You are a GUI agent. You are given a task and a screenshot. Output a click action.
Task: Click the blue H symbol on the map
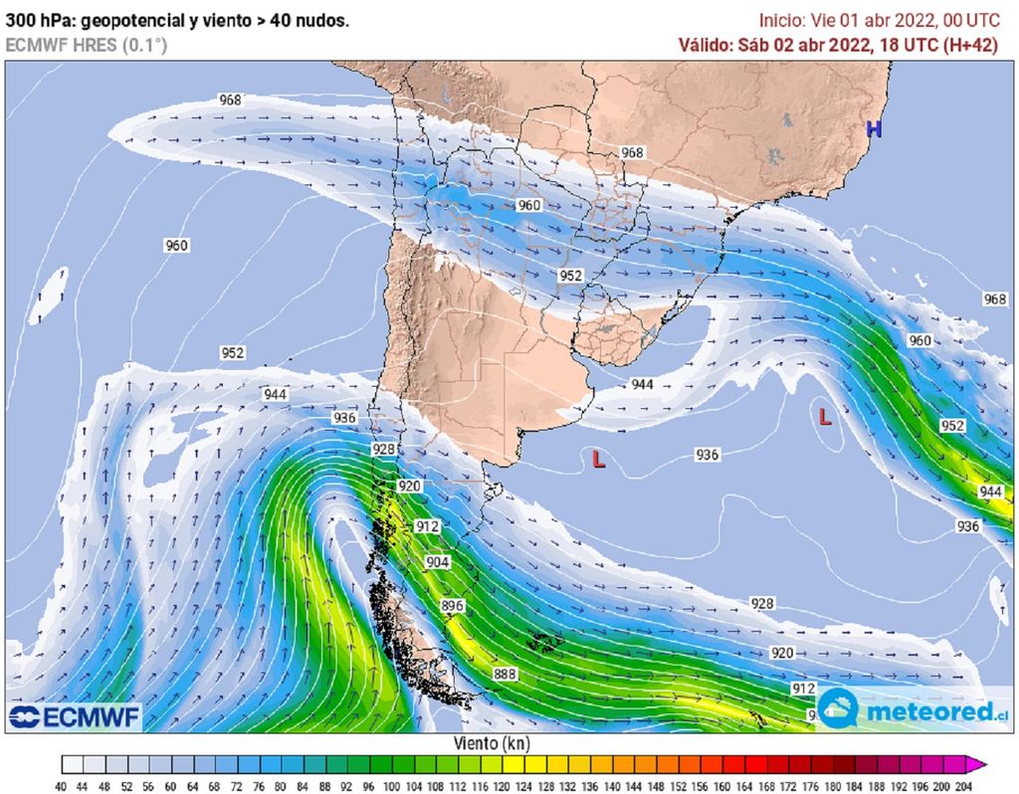[x=874, y=128]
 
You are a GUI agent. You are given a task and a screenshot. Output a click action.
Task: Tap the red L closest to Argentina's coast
[x=598, y=460]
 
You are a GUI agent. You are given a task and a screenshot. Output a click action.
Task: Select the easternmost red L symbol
[x=825, y=417]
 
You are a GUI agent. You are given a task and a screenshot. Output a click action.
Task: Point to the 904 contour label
[x=438, y=562]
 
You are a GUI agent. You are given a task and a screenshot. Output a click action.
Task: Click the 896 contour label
[x=453, y=606]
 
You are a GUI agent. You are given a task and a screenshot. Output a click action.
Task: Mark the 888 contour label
[x=505, y=675]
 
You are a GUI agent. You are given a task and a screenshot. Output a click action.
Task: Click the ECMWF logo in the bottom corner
[x=76, y=716]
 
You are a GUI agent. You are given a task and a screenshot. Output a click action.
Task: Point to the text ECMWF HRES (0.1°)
[x=87, y=45]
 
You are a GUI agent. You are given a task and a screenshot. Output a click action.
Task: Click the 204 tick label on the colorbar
[x=961, y=785]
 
